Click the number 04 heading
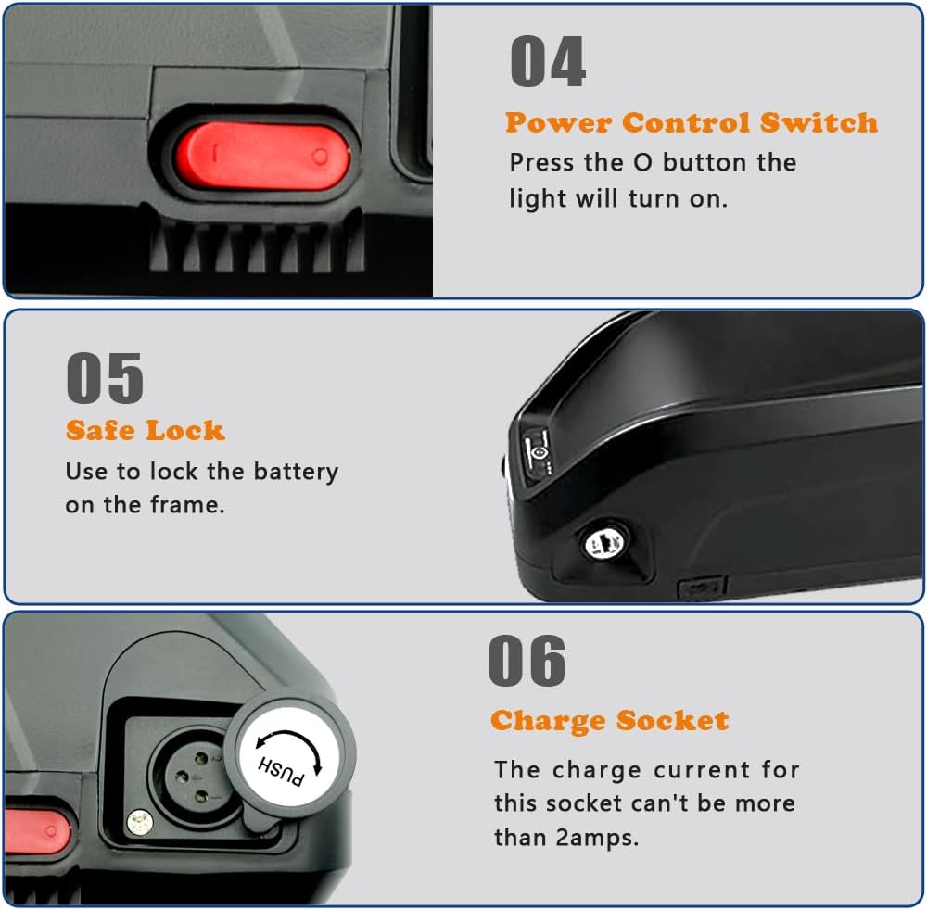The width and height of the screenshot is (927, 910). click(x=548, y=61)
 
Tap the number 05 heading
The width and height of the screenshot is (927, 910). click(x=105, y=378)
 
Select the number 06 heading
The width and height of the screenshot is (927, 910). click(x=527, y=661)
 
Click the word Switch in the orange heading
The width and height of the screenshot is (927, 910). click(x=819, y=123)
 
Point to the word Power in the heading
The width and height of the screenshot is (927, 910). click(x=558, y=123)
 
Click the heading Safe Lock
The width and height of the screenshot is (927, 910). click(x=146, y=430)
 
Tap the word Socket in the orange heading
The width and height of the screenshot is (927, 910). click(x=672, y=720)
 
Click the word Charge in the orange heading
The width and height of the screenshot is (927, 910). click(x=548, y=721)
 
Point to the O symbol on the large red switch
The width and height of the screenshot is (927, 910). click(x=320, y=157)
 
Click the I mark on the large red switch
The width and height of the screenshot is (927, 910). click(x=216, y=154)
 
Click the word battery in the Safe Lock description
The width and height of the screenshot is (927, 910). click(x=296, y=473)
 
